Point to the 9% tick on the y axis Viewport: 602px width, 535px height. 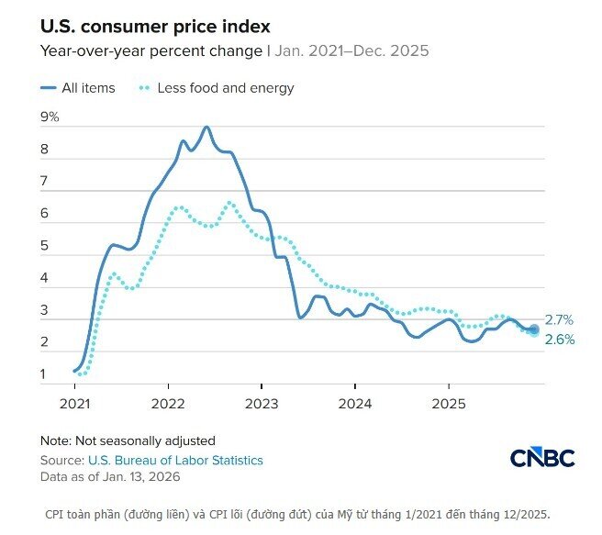pyautogui.click(x=50, y=117)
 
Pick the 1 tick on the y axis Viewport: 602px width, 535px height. pyautogui.click(x=43, y=374)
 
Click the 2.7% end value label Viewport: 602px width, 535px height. pyautogui.click(x=559, y=320)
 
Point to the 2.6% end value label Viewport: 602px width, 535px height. pyautogui.click(x=559, y=340)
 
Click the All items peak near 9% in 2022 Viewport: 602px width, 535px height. pyautogui.click(x=206, y=128)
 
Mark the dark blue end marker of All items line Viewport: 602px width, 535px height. pyautogui.click(x=534, y=329)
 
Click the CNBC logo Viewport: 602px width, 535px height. pyautogui.click(x=541, y=457)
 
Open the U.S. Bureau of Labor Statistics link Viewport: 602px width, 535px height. pyautogui.click(x=175, y=460)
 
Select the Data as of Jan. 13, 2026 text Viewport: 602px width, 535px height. pyautogui.click(x=110, y=476)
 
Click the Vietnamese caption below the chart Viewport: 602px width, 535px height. pyautogui.click(x=290, y=513)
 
